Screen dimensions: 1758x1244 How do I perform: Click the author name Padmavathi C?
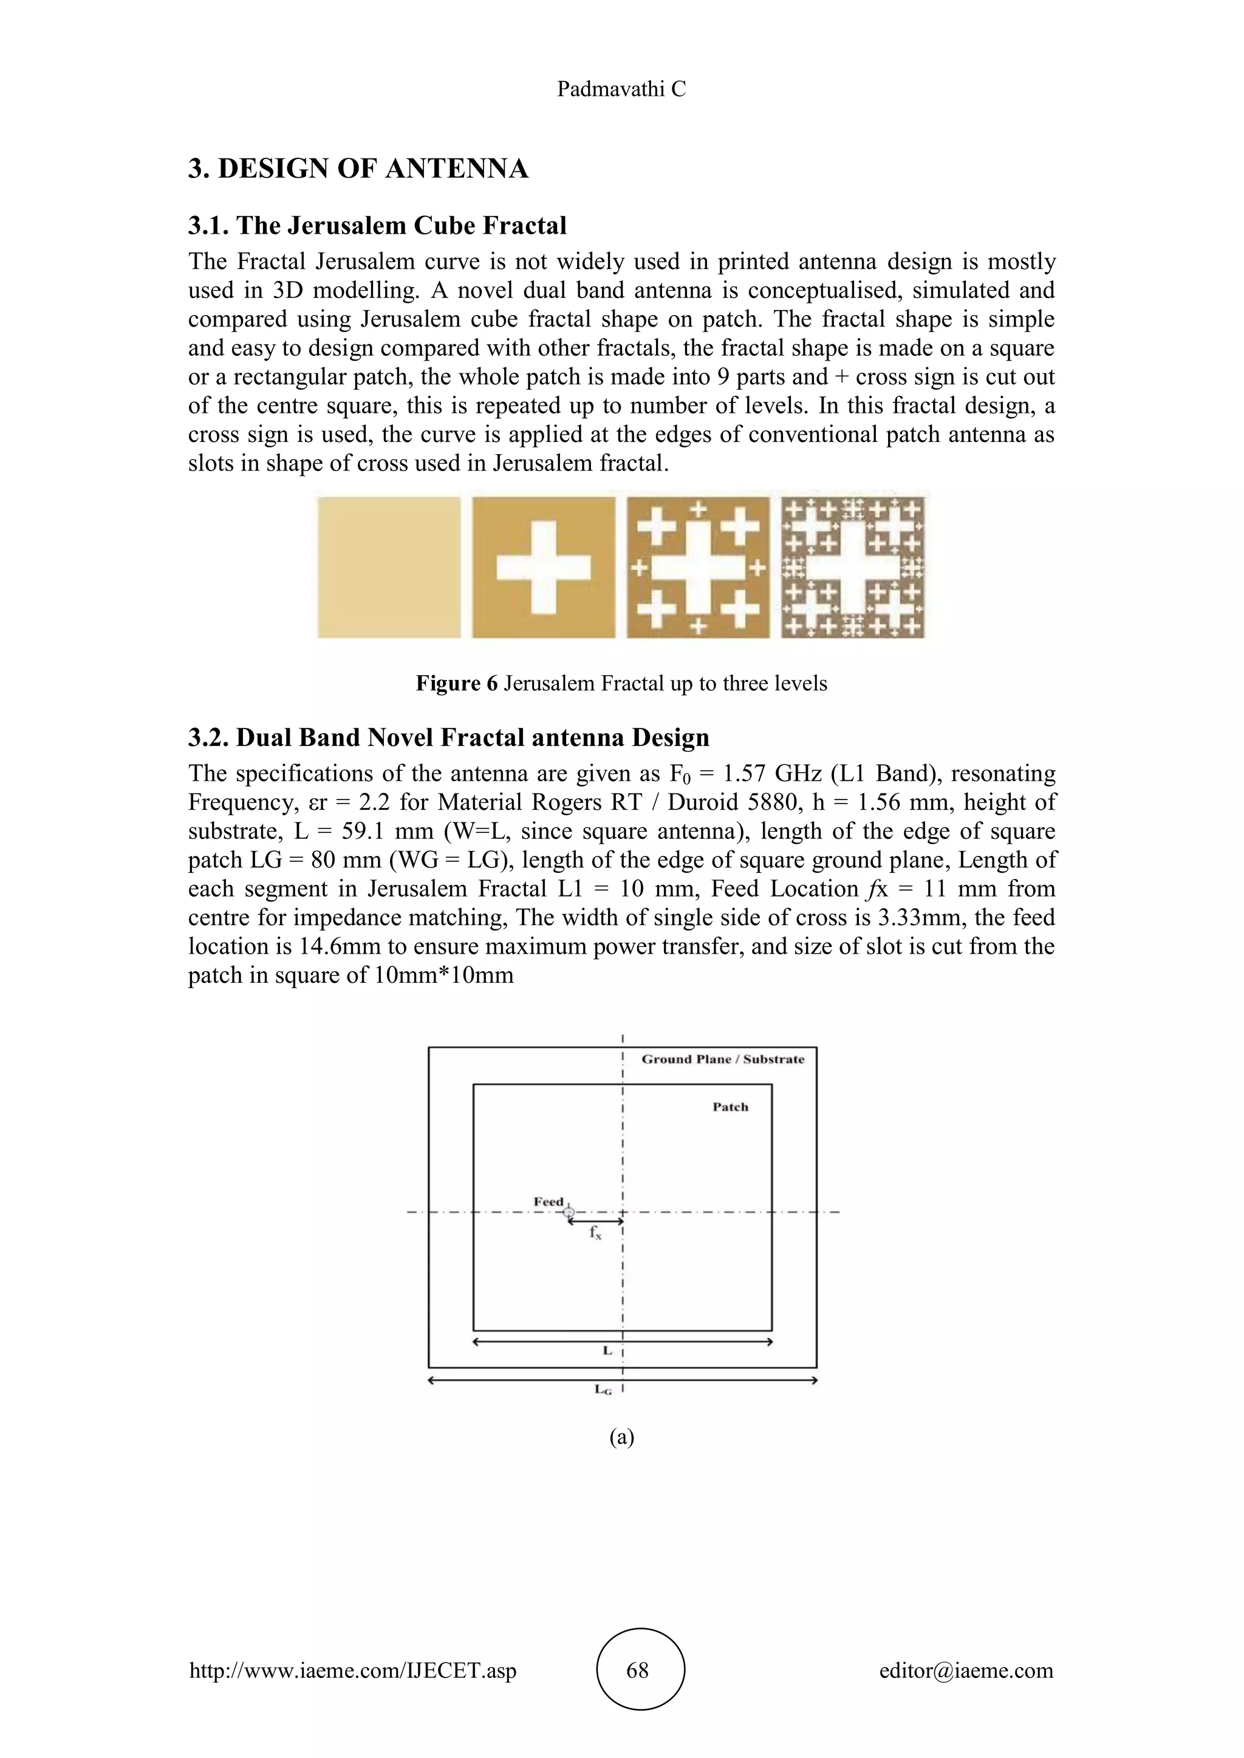pos(621,90)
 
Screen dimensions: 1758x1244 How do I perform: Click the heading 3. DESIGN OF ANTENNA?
pos(358,168)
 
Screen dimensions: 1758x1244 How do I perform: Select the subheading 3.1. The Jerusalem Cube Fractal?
pos(377,225)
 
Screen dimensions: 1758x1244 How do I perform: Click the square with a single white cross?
pos(543,568)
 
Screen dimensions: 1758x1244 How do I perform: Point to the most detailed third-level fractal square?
pos(853,568)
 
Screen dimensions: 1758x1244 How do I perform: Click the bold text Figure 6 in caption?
pos(457,683)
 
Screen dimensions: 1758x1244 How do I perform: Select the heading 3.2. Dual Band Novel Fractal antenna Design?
pos(448,738)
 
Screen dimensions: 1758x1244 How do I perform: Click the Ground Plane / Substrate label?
pos(722,1060)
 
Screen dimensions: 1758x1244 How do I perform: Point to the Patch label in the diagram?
pos(730,1107)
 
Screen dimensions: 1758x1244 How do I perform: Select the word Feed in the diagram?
pos(549,1202)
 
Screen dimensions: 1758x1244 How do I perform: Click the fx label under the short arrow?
pos(595,1233)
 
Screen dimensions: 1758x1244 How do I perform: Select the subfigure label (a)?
pos(621,1437)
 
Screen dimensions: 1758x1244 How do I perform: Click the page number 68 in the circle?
pos(637,1670)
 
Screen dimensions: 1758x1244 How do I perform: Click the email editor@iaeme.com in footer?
pos(966,1670)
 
